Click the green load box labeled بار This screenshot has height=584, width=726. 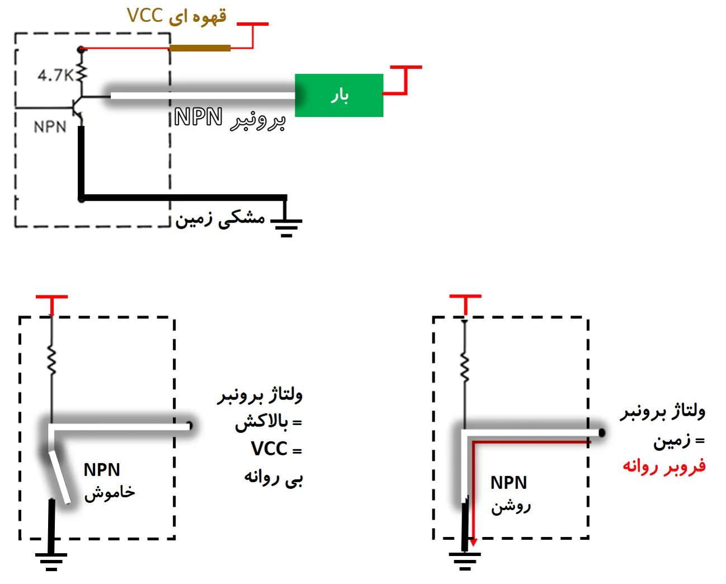coord(339,95)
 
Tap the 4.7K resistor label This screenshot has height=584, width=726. coord(55,75)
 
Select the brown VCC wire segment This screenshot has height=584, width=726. coord(200,48)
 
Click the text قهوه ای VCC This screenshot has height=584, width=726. coord(177,16)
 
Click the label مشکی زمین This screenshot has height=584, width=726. coord(220,219)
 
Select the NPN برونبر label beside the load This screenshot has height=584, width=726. coord(229,118)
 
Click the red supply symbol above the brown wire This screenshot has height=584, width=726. coord(252,34)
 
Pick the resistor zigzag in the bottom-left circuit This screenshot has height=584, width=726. coord(51,361)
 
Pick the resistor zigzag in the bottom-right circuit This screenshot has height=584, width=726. coord(465,368)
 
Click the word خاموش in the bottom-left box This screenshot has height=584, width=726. coord(110,492)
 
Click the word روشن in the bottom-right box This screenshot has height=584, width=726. coord(511,506)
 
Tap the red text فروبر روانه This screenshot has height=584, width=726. coord(664,466)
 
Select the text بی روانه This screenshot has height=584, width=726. coord(273,477)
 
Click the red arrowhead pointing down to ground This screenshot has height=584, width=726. coord(473,542)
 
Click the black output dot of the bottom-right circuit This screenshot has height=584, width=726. coord(602,432)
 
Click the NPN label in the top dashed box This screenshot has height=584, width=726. coord(50,127)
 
